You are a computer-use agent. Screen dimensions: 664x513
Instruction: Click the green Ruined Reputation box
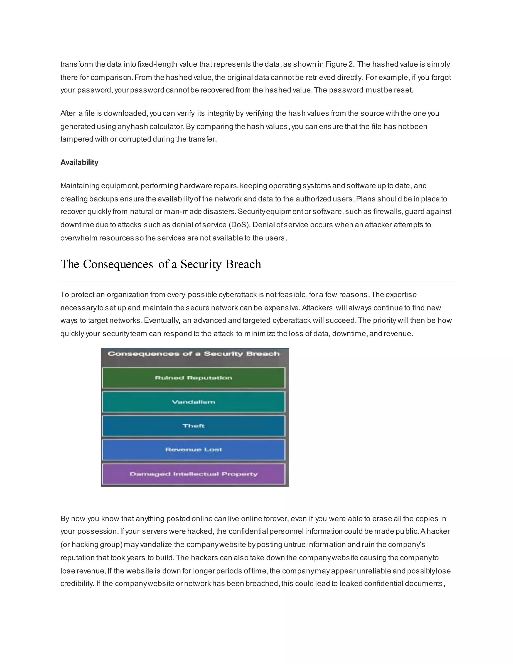pos(194,378)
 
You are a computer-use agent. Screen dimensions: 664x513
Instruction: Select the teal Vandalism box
pos(194,402)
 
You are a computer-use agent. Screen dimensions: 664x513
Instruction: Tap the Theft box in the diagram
pos(194,426)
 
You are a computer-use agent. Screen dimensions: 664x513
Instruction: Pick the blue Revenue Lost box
pos(194,450)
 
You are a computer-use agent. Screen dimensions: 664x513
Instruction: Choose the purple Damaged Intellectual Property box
pos(194,474)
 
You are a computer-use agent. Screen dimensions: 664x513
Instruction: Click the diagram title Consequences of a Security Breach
pos(194,354)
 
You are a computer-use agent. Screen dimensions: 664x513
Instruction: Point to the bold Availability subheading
pos(79,162)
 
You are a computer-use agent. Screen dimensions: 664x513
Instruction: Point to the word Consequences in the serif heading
pos(118,264)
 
